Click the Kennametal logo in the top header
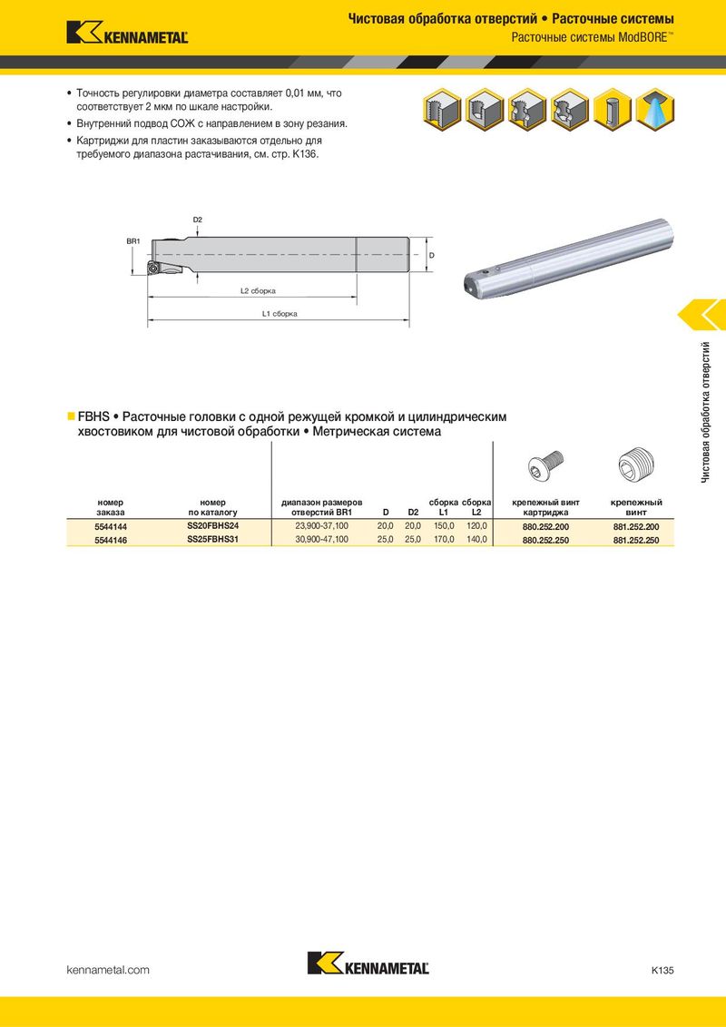127,34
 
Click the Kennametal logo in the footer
368,963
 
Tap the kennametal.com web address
108,970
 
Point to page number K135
662,970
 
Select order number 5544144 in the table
110,527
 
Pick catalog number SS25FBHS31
212,539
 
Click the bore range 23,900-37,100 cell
321,526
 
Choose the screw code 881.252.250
636,540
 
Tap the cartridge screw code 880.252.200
545,527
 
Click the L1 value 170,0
443,539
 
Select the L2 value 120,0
476,526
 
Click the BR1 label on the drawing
132,240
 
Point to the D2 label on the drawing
198,220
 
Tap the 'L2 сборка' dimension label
258,291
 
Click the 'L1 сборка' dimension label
280,314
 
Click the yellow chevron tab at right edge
703,314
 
